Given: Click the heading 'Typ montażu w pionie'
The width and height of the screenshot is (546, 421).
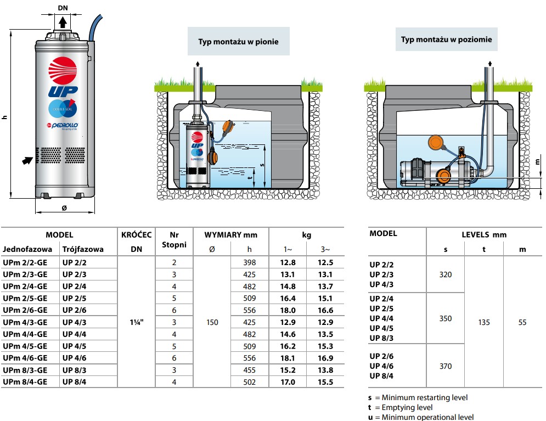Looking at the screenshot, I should coord(238,42).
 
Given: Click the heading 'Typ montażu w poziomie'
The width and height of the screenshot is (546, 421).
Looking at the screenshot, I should coord(446,40).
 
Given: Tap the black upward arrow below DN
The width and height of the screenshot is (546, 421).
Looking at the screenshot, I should coord(64,22).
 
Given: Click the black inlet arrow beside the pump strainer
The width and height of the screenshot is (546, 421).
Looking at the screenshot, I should coord(26,160).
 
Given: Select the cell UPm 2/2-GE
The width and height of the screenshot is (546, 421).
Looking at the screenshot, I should coord(25,262).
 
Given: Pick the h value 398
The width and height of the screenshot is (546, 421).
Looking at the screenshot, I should coord(249,262).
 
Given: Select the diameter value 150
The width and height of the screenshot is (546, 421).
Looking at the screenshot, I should coord(212,322).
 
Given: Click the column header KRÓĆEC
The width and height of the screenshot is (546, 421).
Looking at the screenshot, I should coord(136,235).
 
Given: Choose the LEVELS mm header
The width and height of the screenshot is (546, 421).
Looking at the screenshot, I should coord(484,234).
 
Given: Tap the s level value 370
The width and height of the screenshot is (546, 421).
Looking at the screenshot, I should coord(446,366).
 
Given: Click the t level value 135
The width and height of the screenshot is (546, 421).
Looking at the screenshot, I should coord(484,322).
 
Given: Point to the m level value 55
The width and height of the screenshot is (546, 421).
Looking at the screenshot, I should coord(522,322).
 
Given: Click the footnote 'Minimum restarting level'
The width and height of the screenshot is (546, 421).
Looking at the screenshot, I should coord(425,397).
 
